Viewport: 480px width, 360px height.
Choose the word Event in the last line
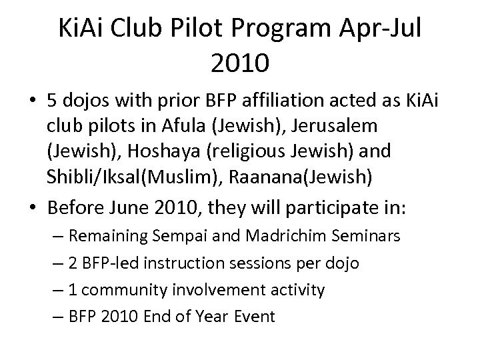pyautogui.click(x=253, y=315)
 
